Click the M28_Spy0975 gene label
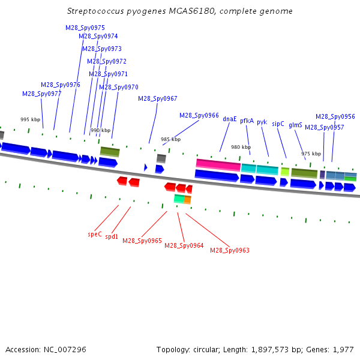[x=85, y=28]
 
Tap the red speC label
[x=95, y=235]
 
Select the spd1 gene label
[x=112, y=236]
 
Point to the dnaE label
[x=230, y=119]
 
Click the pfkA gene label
[x=247, y=121]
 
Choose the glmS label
[x=295, y=125]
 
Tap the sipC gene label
[x=278, y=124]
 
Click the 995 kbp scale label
[x=31, y=119]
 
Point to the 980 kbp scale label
[x=241, y=147]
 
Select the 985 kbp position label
[x=170, y=139]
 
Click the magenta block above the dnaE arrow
[x=218, y=165]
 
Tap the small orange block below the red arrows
[x=188, y=200]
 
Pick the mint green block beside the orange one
[x=179, y=199]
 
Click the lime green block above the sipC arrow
[x=285, y=172]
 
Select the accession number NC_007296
[x=65, y=349]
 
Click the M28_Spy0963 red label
[x=230, y=250]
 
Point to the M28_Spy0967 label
[x=158, y=99]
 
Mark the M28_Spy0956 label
[x=335, y=116]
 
